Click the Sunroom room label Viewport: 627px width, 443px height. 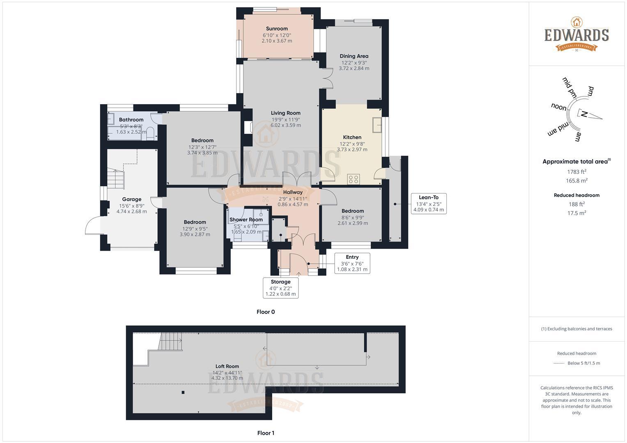(x=277, y=29)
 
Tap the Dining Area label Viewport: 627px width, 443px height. (x=354, y=56)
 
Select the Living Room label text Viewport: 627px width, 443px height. (x=285, y=113)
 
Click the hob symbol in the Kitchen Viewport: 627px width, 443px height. (x=353, y=179)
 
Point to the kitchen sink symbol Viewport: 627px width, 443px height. (x=377, y=125)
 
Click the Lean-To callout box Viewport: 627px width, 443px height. (x=428, y=203)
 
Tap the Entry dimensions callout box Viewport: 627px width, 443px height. (x=352, y=263)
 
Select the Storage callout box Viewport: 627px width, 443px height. (x=280, y=288)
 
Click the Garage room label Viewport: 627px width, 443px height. (x=131, y=199)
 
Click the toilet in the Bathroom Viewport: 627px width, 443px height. (x=150, y=133)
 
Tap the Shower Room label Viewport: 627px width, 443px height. (x=246, y=220)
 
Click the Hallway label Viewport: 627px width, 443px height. (x=293, y=192)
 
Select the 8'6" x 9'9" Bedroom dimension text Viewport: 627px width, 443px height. (x=352, y=217)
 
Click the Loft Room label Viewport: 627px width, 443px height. (x=227, y=366)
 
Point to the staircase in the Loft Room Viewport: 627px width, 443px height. (x=170, y=341)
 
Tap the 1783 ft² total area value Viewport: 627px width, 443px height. (x=576, y=172)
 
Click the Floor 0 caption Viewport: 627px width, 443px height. (x=266, y=312)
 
